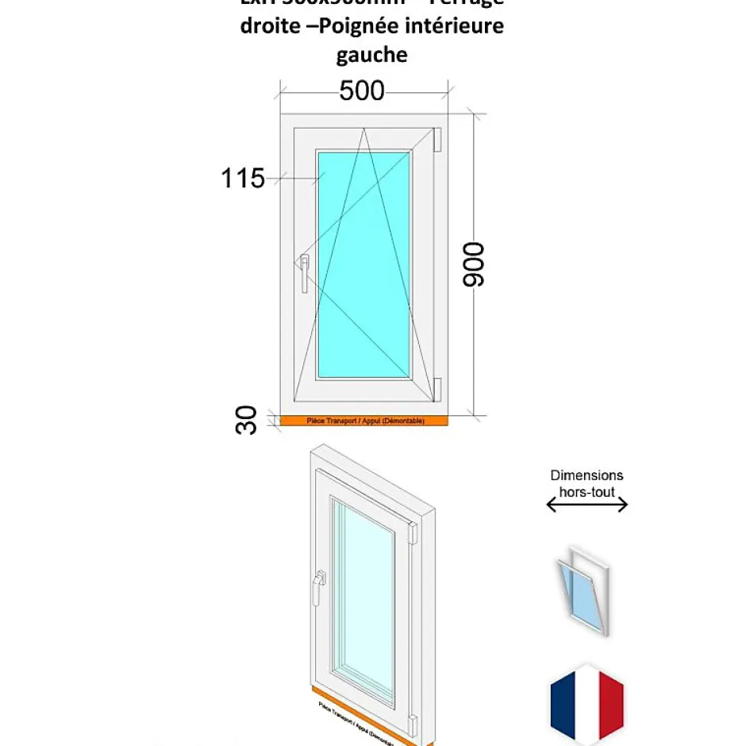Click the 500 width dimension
pos(362,91)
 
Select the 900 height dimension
pos(474,264)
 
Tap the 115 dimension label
pos(243,179)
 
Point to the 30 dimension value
pos(247,419)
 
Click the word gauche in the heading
pos(371,55)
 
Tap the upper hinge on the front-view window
pos(436,138)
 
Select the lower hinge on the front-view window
pos(436,389)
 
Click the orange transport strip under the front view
pos(365,421)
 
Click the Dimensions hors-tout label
pos(586,483)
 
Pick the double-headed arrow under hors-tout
pos(587,505)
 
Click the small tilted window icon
pos(583,589)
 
